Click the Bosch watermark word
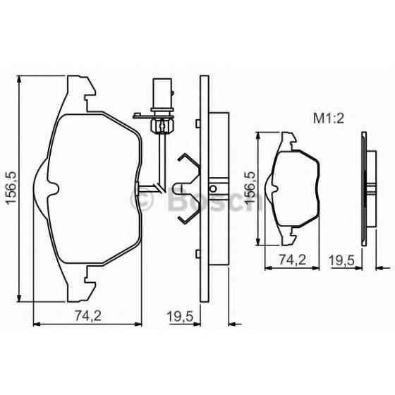[x=212, y=202]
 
